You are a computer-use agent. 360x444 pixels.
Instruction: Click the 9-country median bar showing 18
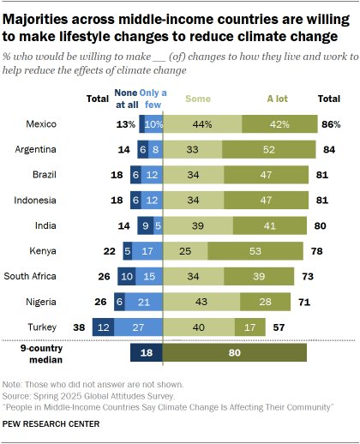pyautogui.click(x=146, y=353)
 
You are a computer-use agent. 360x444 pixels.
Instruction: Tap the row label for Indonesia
pyautogui.click(x=36, y=201)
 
